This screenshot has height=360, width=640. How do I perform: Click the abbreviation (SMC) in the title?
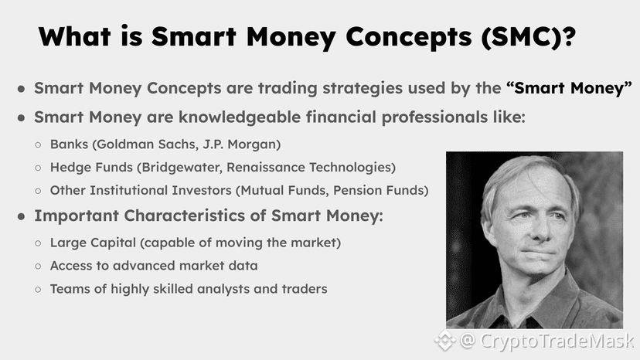pyautogui.click(x=528, y=37)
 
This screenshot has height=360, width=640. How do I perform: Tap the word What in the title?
pyautogui.click(x=74, y=36)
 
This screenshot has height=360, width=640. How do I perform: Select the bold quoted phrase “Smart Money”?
pyautogui.click(x=569, y=88)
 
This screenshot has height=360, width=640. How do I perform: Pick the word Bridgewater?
pyautogui.click(x=181, y=168)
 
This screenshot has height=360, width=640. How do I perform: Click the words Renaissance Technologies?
pyautogui.click(x=308, y=168)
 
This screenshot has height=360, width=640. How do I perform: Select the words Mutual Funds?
pyautogui.click(x=283, y=191)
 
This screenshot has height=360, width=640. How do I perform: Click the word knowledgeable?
pyautogui.click(x=240, y=117)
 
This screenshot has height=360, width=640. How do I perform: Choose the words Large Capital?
pyautogui.click(x=93, y=243)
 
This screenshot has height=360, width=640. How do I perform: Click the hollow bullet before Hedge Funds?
pyautogui.click(x=38, y=168)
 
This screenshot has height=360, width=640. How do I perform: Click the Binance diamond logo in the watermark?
pyautogui.click(x=444, y=340)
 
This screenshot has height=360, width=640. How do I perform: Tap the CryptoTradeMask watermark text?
pyautogui.click(x=557, y=341)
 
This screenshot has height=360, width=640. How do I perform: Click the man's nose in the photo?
pyautogui.click(x=540, y=231)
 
